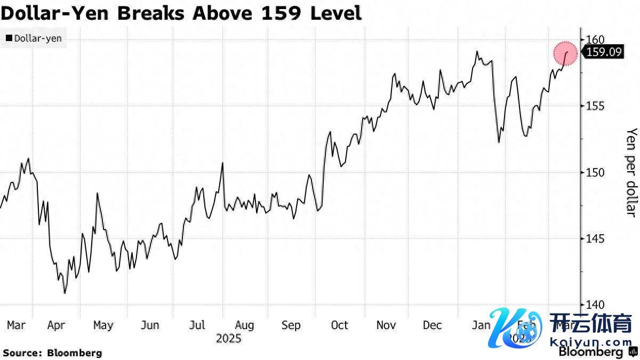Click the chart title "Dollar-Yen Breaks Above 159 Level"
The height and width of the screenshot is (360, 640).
(x=181, y=13)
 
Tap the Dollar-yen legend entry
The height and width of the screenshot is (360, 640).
(x=34, y=38)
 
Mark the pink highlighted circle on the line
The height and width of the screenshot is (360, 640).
(x=565, y=53)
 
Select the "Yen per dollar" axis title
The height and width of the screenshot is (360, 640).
(x=631, y=172)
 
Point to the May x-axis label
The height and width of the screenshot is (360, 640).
(x=103, y=325)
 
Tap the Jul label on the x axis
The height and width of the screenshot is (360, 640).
(x=198, y=325)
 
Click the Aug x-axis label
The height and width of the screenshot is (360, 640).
(x=244, y=325)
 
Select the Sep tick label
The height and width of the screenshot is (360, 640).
(x=291, y=325)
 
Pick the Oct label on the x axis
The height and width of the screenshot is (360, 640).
(x=339, y=325)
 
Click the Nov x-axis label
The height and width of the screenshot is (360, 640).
(x=386, y=325)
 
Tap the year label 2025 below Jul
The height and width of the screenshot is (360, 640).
(x=229, y=338)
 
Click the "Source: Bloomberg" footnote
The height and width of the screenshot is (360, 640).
(x=52, y=353)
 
